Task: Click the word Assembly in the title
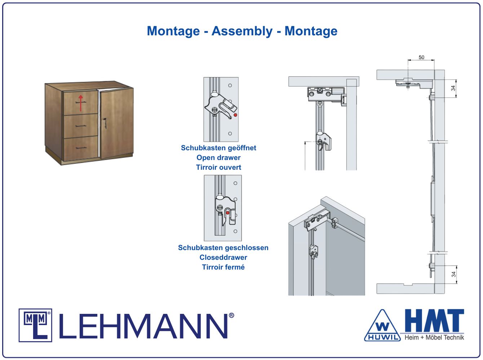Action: point(242,31)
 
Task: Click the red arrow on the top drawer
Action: point(81,103)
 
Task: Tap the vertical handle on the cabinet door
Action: point(105,123)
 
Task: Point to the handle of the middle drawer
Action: point(81,126)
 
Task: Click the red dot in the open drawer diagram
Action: point(235,115)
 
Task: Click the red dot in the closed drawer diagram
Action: point(227,213)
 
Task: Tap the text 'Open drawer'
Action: point(218,157)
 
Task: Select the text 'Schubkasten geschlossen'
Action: point(223,248)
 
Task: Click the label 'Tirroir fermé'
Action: point(223,267)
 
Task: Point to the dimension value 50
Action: point(421,57)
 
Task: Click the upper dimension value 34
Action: point(453,88)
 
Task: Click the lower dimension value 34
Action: point(453,274)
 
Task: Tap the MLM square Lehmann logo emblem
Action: point(35,325)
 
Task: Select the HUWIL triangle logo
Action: point(382,326)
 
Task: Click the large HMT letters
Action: point(434,320)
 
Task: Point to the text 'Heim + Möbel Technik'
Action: point(434,337)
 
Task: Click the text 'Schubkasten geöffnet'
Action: point(218,148)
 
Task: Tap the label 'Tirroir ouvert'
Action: point(218,167)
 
